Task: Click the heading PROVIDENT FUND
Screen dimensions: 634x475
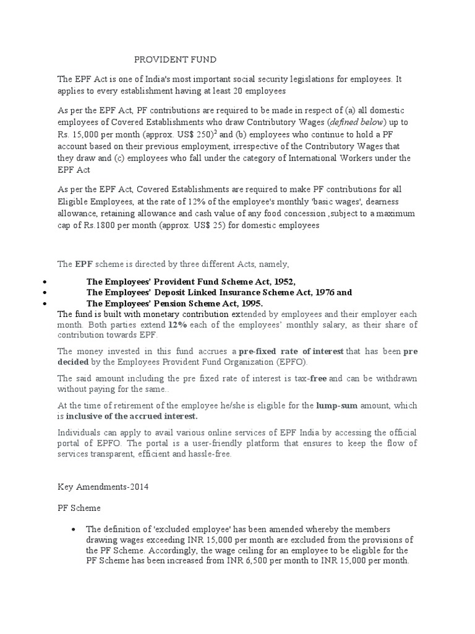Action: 176,59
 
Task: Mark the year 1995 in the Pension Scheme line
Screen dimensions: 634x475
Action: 249,303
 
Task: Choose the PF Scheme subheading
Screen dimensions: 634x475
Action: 79,507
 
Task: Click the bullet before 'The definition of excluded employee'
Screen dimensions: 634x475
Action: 74,529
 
